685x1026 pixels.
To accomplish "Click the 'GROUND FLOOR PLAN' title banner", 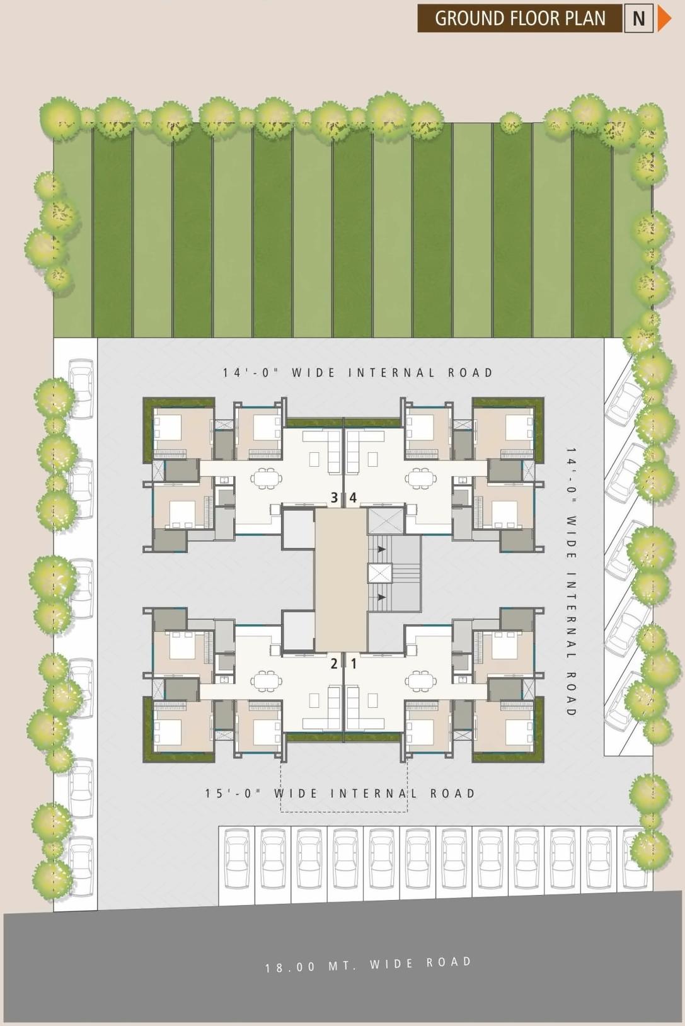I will (x=519, y=18).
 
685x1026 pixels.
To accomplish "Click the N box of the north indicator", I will (x=638, y=18).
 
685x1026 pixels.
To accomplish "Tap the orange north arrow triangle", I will (x=664, y=18).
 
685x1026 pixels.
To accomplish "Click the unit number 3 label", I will (x=335, y=498).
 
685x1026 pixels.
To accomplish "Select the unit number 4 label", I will (x=353, y=498).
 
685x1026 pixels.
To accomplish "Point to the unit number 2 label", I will (x=335, y=663).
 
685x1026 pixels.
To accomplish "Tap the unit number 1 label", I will (x=354, y=663).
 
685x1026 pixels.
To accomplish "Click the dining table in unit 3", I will (x=266, y=477).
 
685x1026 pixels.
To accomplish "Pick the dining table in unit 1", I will (x=421, y=680).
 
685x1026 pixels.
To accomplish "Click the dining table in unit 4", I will (x=421, y=477).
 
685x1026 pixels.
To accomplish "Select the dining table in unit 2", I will (x=266, y=680).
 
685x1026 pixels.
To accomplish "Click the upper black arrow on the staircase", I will (x=381, y=549).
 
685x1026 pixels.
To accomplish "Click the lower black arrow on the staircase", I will (x=381, y=596).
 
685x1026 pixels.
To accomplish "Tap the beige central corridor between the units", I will (x=340, y=579).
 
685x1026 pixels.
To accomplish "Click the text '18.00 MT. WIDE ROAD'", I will (x=368, y=964).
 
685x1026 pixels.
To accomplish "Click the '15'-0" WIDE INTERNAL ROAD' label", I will (x=340, y=793).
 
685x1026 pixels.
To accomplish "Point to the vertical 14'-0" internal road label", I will (x=571, y=582).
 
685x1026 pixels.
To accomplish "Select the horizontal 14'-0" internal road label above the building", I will (x=357, y=373).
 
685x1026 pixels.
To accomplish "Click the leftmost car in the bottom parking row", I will (x=237, y=858).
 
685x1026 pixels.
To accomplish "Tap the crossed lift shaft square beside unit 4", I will (x=385, y=520).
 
